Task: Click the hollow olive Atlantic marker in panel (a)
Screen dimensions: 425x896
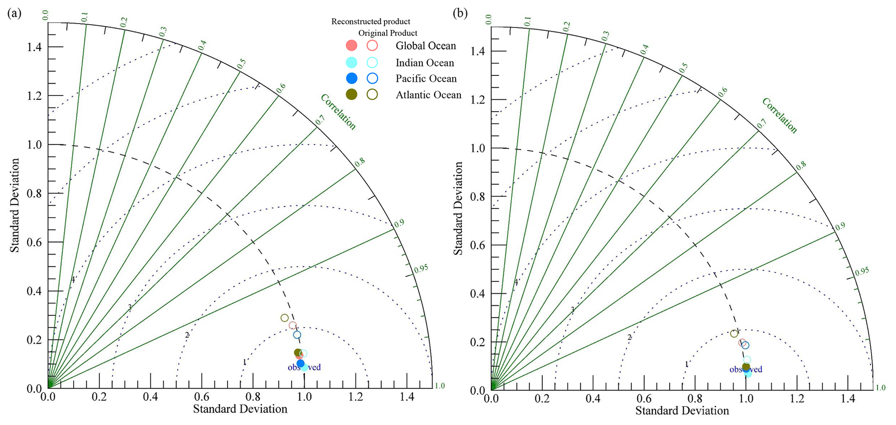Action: [284, 318]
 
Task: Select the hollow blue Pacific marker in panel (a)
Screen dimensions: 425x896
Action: [297, 335]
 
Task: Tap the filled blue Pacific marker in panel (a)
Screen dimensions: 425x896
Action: [300, 363]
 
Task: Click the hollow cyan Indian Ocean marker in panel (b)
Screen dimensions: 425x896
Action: [747, 360]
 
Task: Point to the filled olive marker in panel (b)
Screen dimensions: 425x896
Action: [746, 366]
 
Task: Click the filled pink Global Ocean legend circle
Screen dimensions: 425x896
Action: [352, 46]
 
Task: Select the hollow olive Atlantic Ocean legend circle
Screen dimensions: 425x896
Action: [372, 95]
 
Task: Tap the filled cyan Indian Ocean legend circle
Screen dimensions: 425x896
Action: [352, 62]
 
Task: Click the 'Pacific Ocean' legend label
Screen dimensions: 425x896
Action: [426, 78]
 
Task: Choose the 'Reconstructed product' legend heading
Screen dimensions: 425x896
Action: [371, 21]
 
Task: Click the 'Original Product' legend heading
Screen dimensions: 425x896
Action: [388, 33]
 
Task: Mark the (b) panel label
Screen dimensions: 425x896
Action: [460, 13]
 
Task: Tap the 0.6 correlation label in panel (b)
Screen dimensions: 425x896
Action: [723, 92]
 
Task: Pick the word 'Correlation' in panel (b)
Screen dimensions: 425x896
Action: [779, 115]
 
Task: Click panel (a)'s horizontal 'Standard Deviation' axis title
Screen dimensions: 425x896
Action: [240, 409]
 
